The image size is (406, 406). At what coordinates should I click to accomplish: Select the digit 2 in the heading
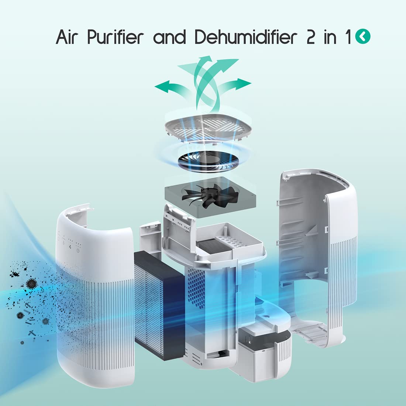[311, 37]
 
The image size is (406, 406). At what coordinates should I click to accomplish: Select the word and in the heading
[169, 37]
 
